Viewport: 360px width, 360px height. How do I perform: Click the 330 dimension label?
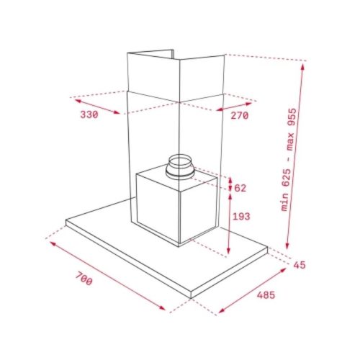click(89, 114)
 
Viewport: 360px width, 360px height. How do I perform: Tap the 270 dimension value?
click(240, 116)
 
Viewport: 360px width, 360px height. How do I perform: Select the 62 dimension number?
click(240, 188)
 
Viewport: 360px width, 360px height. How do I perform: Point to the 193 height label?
click(242, 217)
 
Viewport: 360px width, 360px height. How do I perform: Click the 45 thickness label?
click(300, 265)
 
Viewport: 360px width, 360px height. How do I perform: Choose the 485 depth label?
click(266, 295)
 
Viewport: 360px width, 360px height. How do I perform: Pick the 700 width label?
click(84, 278)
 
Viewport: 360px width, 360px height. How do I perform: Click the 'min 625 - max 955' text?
click(289, 160)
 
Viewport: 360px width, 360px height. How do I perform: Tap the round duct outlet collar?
click(179, 167)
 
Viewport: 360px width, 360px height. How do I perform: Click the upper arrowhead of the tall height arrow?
click(303, 66)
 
